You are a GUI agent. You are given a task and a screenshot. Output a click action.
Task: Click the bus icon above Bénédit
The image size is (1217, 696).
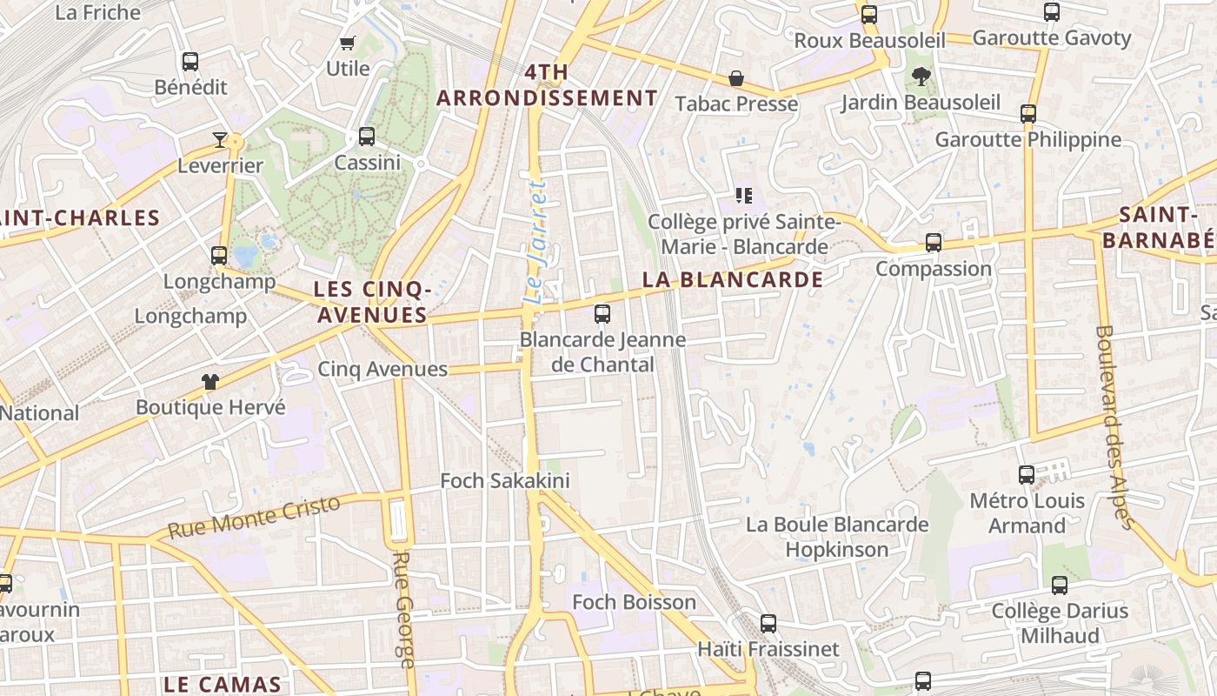pos(190,62)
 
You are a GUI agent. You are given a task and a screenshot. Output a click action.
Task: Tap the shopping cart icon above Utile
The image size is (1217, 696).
pos(348,43)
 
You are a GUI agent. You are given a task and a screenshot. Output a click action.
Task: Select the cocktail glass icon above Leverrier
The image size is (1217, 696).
pos(220,139)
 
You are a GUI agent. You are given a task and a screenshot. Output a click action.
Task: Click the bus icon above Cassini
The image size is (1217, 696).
pos(367,137)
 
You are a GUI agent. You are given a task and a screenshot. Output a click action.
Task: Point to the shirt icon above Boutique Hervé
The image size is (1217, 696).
pos(210,381)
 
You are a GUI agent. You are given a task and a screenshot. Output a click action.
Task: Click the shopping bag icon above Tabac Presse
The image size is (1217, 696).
pos(736,79)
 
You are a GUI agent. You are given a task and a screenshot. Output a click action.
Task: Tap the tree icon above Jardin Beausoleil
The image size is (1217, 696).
pos(921,77)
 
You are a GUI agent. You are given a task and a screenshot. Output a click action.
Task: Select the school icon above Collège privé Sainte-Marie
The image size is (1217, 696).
pos(743,196)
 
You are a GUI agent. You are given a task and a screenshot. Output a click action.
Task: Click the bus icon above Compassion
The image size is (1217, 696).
pos(934,243)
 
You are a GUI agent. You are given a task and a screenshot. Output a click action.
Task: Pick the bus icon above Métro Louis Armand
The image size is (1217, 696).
pos(1027,475)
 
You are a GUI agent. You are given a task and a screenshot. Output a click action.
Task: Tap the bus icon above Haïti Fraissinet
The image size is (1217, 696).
pos(768,623)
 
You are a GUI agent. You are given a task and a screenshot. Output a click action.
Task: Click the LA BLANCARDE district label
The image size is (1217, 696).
pos(732,279)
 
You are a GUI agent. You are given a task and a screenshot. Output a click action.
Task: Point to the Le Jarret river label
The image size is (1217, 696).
pos(537,243)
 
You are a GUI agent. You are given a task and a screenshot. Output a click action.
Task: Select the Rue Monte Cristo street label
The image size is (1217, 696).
pos(254,517)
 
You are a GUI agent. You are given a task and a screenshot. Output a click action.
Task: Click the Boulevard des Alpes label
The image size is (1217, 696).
pos(1114,426)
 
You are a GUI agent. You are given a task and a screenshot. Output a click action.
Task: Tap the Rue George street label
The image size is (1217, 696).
pos(402,609)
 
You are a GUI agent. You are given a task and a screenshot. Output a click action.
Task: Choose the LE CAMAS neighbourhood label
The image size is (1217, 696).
pos(223,684)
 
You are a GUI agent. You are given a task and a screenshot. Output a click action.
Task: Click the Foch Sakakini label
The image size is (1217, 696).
pos(504,480)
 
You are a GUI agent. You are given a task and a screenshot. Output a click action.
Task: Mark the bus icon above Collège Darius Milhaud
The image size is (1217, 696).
pos(1060,586)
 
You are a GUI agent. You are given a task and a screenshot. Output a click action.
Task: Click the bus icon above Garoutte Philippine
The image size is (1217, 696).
pos(1028,114)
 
